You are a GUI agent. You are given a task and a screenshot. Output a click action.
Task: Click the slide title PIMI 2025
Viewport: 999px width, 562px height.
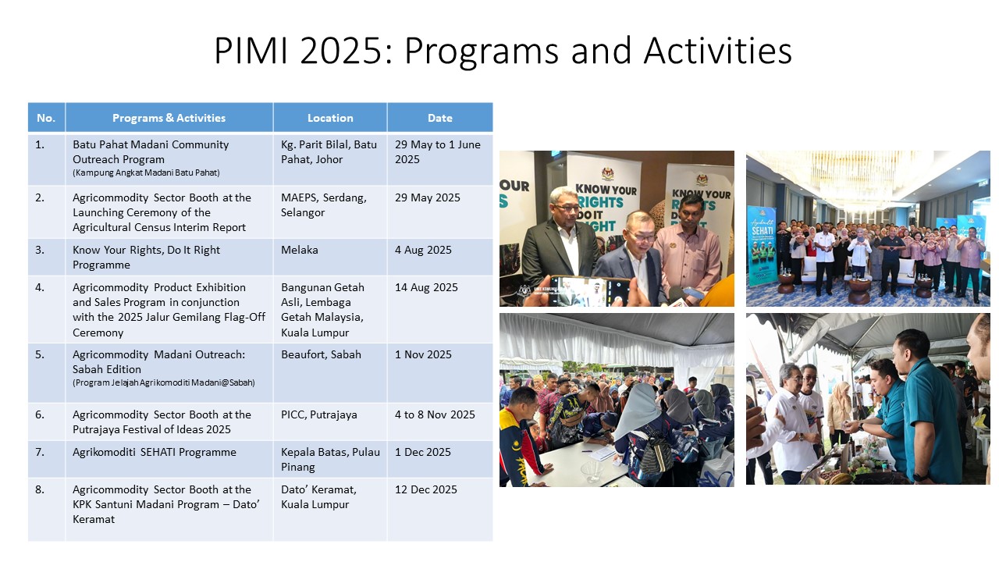[503, 51]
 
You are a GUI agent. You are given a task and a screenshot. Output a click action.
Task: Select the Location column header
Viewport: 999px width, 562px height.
[330, 118]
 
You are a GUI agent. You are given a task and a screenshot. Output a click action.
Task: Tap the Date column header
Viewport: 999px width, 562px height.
[439, 118]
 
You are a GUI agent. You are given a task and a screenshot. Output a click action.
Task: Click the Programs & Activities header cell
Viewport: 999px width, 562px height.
[169, 118]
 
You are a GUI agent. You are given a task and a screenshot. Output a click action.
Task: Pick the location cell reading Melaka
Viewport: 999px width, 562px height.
[299, 250]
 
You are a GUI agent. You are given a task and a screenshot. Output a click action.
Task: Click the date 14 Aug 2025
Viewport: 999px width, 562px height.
[426, 287]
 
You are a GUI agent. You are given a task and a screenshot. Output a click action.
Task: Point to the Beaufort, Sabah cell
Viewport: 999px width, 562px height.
[321, 354]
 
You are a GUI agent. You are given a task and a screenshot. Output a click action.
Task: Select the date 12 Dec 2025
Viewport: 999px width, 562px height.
[426, 489]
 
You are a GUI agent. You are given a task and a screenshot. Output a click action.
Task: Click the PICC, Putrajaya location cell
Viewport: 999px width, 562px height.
[319, 414]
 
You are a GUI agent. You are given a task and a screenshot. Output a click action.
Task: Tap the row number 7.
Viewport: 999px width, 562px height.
[40, 452]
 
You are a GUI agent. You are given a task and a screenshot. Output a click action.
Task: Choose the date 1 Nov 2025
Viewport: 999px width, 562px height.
[423, 354]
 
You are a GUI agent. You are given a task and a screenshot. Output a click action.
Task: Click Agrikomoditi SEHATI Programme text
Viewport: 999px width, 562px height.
[155, 452]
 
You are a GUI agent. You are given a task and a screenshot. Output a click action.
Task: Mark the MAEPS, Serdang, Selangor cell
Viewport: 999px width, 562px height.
[324, 205]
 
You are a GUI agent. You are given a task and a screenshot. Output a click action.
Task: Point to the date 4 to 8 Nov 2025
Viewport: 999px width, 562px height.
[435, 414]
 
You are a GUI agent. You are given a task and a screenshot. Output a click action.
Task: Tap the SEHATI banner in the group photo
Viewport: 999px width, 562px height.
[763, 246]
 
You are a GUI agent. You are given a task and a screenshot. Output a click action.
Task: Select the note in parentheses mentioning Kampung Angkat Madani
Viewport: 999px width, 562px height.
[146, 173]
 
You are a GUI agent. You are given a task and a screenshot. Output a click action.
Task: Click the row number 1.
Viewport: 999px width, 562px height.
[40, 144]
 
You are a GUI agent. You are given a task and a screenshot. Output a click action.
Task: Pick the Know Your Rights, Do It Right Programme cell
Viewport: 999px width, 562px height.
[146, 258]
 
